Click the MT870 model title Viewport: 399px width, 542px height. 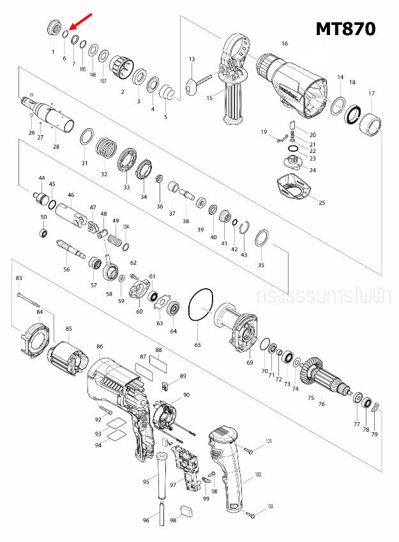pyautogui.click(x=345, y=29)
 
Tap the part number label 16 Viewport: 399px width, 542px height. pyautogui.click(x=285, y=43)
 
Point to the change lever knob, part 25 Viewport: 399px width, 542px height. pyautogui.click(x=293, y=189)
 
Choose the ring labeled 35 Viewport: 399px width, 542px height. pyautogui.click(x=261, y=240)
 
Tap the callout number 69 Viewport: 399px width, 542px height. pyautogui.click(x=250, y=362)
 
